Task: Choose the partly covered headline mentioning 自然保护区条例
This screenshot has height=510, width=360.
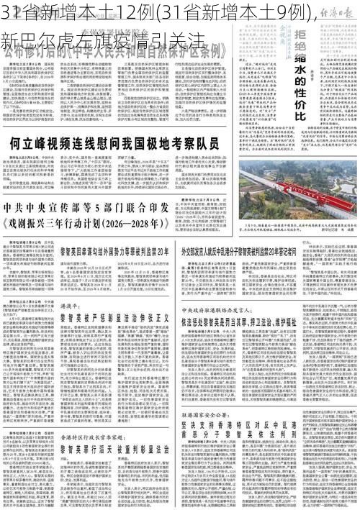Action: coord(115,55)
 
